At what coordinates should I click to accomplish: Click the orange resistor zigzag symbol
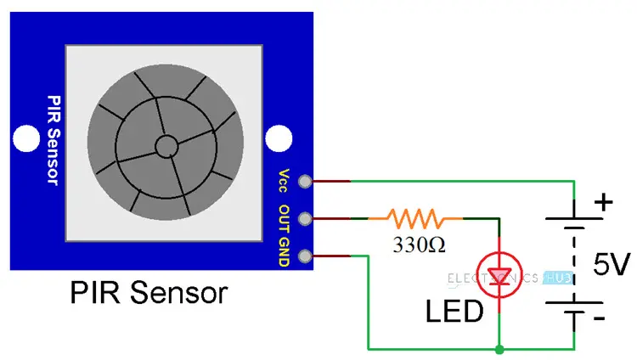click(415, 218)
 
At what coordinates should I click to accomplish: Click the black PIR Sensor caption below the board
click(149, 294)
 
